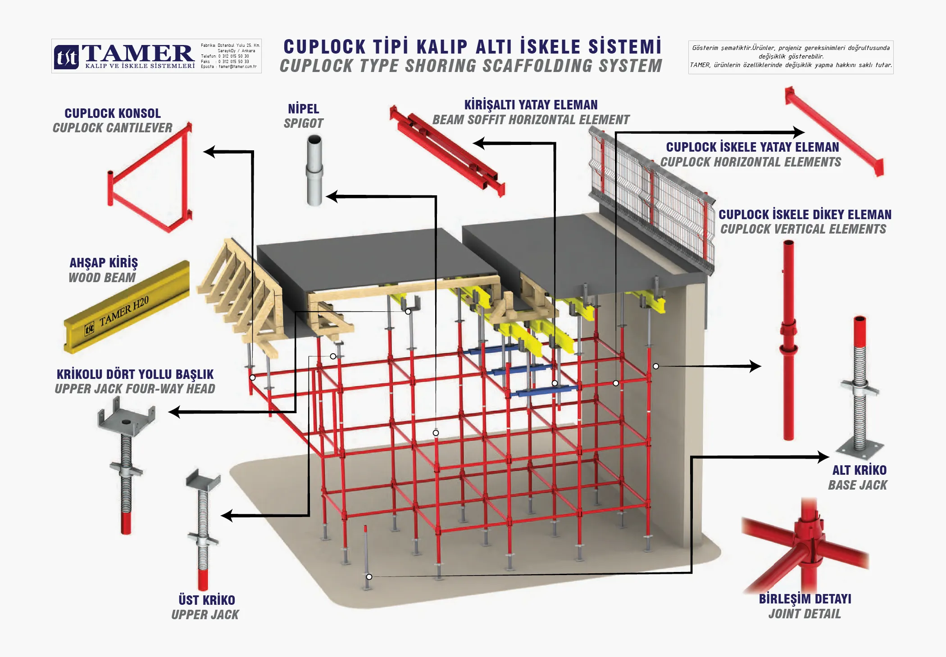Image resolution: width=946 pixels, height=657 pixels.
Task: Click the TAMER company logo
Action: (x=124, y=56)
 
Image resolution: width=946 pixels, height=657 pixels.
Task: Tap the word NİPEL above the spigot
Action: (x=303, y=109)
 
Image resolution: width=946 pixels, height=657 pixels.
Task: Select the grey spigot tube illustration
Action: (x=314, y=171)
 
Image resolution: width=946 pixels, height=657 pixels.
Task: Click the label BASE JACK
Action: (x=857, y=485)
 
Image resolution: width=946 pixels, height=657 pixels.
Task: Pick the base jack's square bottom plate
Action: (x=860, y=450)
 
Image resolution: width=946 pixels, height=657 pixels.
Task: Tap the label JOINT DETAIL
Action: (x=805, y=614)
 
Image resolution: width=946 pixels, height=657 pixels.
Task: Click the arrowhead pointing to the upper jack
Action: (x=227, y=516)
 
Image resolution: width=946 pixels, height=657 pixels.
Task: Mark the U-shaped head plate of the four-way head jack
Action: (x=127, y=417)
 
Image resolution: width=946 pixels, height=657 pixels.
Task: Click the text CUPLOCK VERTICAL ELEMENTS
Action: (x=803, y=229)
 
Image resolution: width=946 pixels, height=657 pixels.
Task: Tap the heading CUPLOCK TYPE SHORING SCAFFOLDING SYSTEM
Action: (x=471, y=66)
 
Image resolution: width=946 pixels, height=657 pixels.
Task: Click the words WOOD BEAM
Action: (x=102, y=278)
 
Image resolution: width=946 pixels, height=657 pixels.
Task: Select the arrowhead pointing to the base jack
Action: (x=823, y=457)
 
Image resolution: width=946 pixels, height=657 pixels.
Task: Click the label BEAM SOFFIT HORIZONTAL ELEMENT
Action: (x=531, y=120)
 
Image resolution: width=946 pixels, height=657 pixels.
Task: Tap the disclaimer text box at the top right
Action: (x=791, y=57)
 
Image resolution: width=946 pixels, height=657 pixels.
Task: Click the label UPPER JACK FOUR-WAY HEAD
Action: (x=135, y=389)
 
